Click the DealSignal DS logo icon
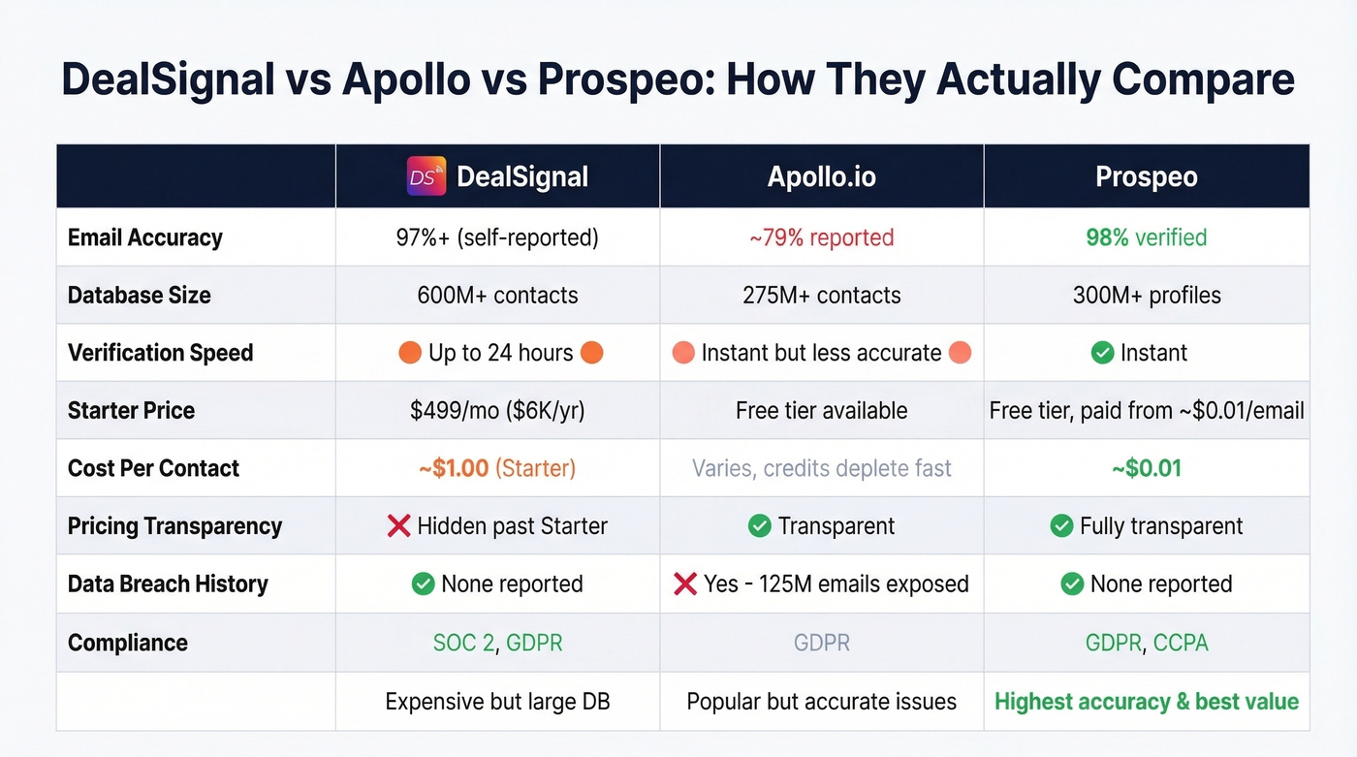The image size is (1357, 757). tap(426, 176)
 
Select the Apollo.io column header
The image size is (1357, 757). tap(821, 176)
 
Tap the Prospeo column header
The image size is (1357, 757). tap(1146, 176)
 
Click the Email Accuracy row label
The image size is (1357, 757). tap(145, 237)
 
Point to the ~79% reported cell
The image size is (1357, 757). tap(821, 237)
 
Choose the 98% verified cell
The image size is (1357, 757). tap(1146, 237)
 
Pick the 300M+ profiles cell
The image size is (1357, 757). tap(1146, 295)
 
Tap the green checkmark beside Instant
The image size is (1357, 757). tap(1102, 353)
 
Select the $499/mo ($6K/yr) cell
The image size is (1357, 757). tap(498, 410)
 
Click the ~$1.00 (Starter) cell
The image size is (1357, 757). tap(497, 468)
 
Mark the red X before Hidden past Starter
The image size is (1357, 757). tap(398, 526)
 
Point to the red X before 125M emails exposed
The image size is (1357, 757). tap(685, 584)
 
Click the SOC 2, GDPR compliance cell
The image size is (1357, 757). tap(497, 643)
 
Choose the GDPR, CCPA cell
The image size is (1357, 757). tap(1146, 643)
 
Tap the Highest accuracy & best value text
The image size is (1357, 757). tap(1146, 701)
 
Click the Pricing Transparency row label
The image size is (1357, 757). tap(174, 526)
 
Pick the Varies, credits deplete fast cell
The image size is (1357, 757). tap(821, 468)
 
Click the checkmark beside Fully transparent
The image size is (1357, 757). tap(1061, 526)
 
